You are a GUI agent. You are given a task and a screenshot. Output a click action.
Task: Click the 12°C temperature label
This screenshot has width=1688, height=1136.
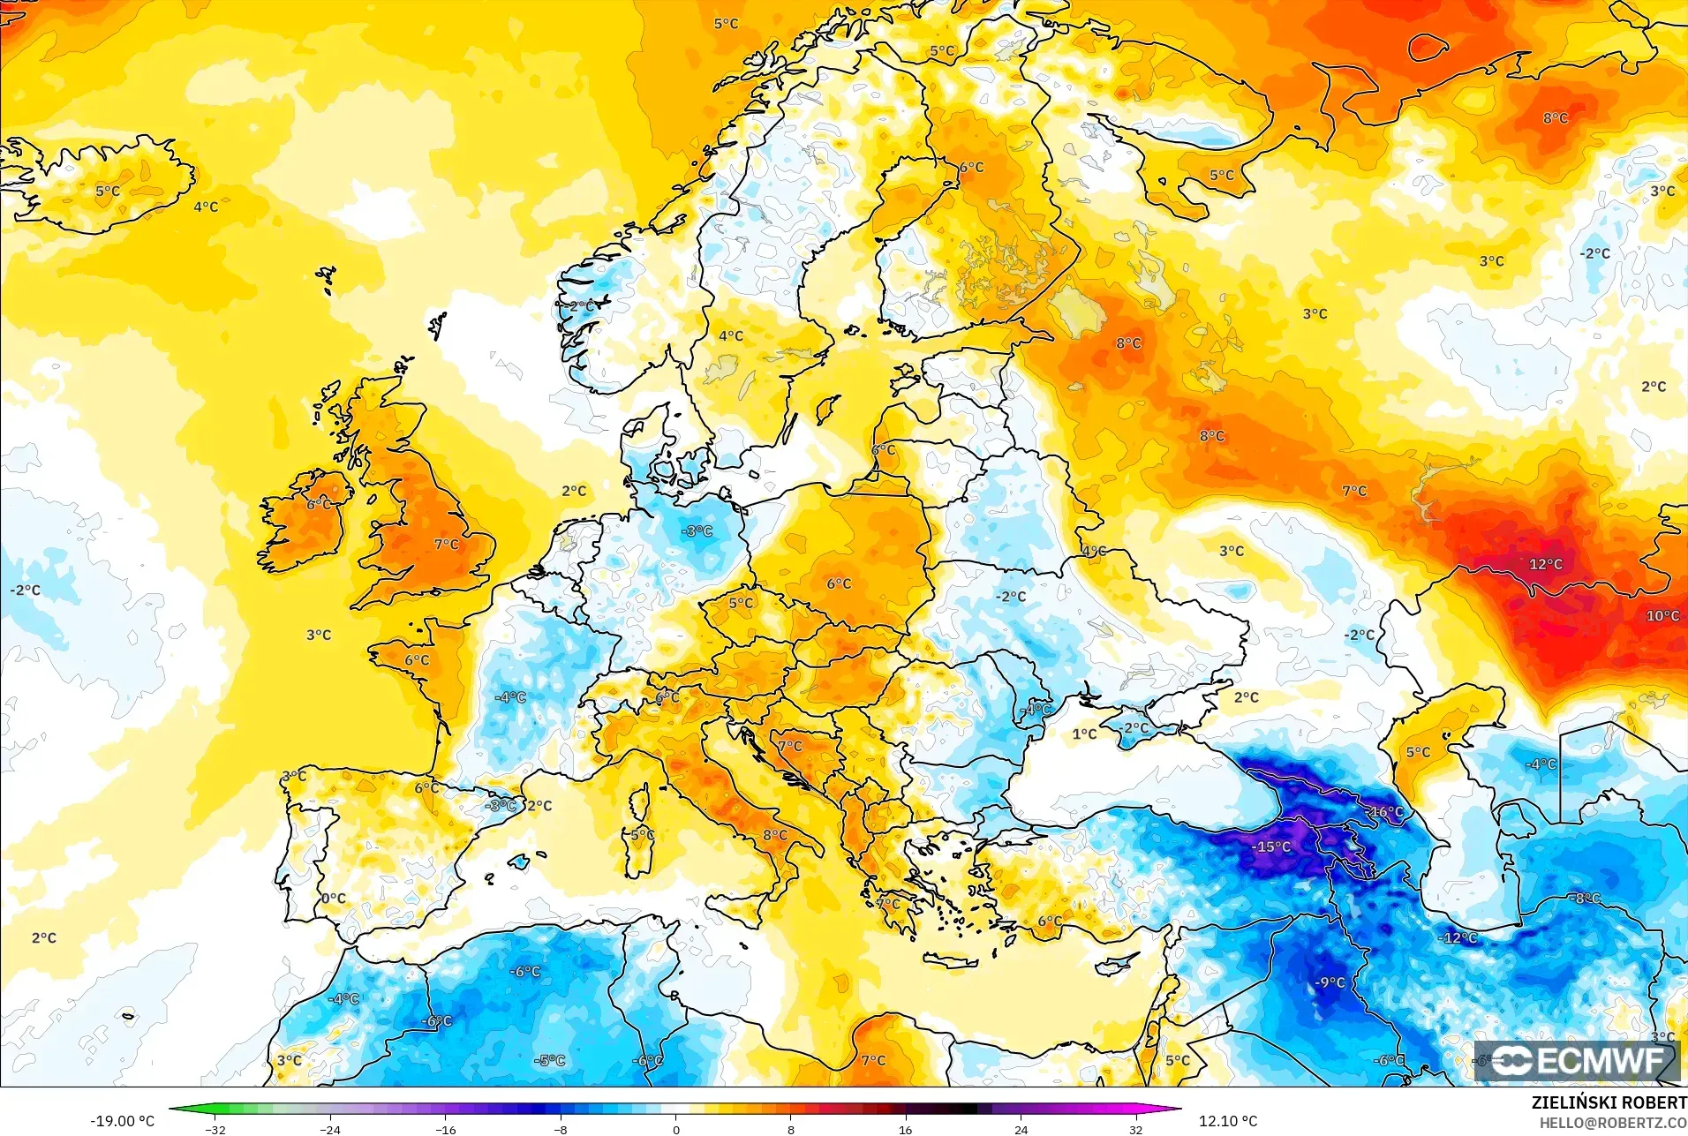point(1545,564)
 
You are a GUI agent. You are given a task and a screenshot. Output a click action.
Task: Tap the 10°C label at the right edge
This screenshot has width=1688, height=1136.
point(1662,615)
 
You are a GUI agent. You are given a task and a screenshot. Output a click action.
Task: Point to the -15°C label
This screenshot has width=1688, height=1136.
point(1271,846)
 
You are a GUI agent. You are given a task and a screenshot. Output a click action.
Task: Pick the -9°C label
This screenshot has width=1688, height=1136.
point(1330,982)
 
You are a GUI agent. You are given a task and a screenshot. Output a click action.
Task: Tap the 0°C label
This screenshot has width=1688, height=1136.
point(333,899)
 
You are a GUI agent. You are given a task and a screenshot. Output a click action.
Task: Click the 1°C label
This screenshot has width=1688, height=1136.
point(1084,734)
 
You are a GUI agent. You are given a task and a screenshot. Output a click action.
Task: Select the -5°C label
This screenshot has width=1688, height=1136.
point(549,1060)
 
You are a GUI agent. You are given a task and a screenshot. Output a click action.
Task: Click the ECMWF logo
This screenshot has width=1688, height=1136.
point(1577,1060)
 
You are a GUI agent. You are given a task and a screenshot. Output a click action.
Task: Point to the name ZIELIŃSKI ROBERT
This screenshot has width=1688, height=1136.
point(1609,1102)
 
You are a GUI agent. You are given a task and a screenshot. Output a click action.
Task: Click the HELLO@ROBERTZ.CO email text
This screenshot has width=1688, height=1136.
point(1613,1123)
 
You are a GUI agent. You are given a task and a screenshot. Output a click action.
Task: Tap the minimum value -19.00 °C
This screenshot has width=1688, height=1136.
point(122,1121)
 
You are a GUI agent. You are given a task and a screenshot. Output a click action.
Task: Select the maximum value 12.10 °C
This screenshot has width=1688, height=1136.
point(1227,1121)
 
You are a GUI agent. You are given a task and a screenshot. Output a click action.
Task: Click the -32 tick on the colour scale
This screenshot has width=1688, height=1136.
point(215,1130)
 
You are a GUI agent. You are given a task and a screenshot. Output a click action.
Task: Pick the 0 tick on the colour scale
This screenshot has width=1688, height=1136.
point(676,1130)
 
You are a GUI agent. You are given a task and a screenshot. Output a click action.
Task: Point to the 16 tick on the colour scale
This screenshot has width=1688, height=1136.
point(905,1130)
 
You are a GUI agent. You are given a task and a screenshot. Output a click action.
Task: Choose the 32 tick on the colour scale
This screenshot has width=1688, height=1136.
point(1135,1130)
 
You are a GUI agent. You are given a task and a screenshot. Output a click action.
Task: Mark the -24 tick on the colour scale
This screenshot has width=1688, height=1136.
point(330,1130)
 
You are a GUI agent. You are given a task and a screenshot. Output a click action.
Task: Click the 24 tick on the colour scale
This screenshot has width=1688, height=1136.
point(1021,1130)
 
